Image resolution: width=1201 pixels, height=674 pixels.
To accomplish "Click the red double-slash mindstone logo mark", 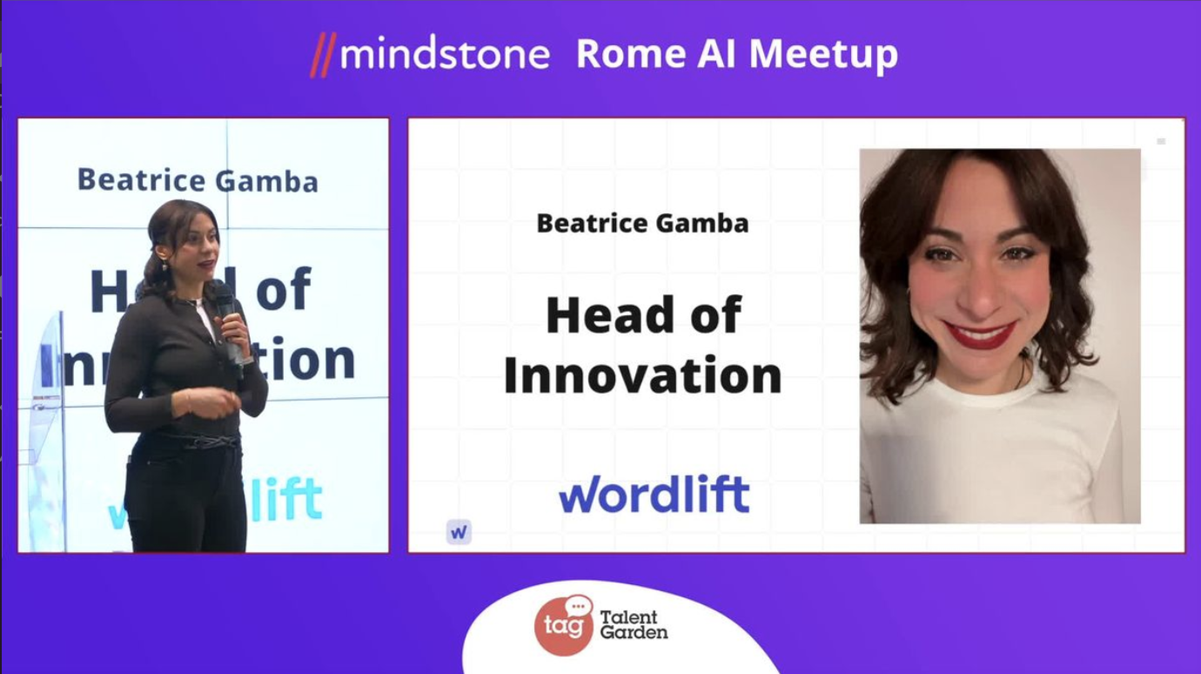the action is [x=323, y=55].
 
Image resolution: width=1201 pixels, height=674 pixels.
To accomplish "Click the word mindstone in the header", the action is [x=445, y=54].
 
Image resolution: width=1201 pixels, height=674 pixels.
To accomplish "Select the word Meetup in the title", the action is [x=823, y=55].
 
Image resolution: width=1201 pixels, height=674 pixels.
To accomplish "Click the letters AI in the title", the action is [x=717, y=54].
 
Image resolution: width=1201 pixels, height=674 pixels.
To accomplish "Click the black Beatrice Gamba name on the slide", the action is [x=642, y=223].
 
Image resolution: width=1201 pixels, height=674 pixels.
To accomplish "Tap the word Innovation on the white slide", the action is [x=642, y=375].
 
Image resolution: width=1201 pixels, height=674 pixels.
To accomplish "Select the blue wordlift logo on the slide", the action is [x=654, y=494].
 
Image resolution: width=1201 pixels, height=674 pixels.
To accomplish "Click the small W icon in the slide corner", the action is [x=459, y=532].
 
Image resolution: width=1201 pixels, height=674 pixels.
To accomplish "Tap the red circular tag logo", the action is [x=563, y=626].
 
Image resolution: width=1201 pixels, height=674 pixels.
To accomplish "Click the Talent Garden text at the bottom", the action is [x=634, y=625].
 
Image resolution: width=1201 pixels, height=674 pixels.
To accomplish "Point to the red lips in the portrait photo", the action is [x=980, y=334].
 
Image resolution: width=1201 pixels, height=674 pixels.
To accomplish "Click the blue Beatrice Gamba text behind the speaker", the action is [x=198, y=179].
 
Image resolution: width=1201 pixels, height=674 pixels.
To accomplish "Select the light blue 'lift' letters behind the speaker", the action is [x=286, y=500].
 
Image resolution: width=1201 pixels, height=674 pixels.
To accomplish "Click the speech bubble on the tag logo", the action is [x=579, y=606].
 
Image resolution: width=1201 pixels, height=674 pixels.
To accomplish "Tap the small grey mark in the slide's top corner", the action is [x=1161, y=142].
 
